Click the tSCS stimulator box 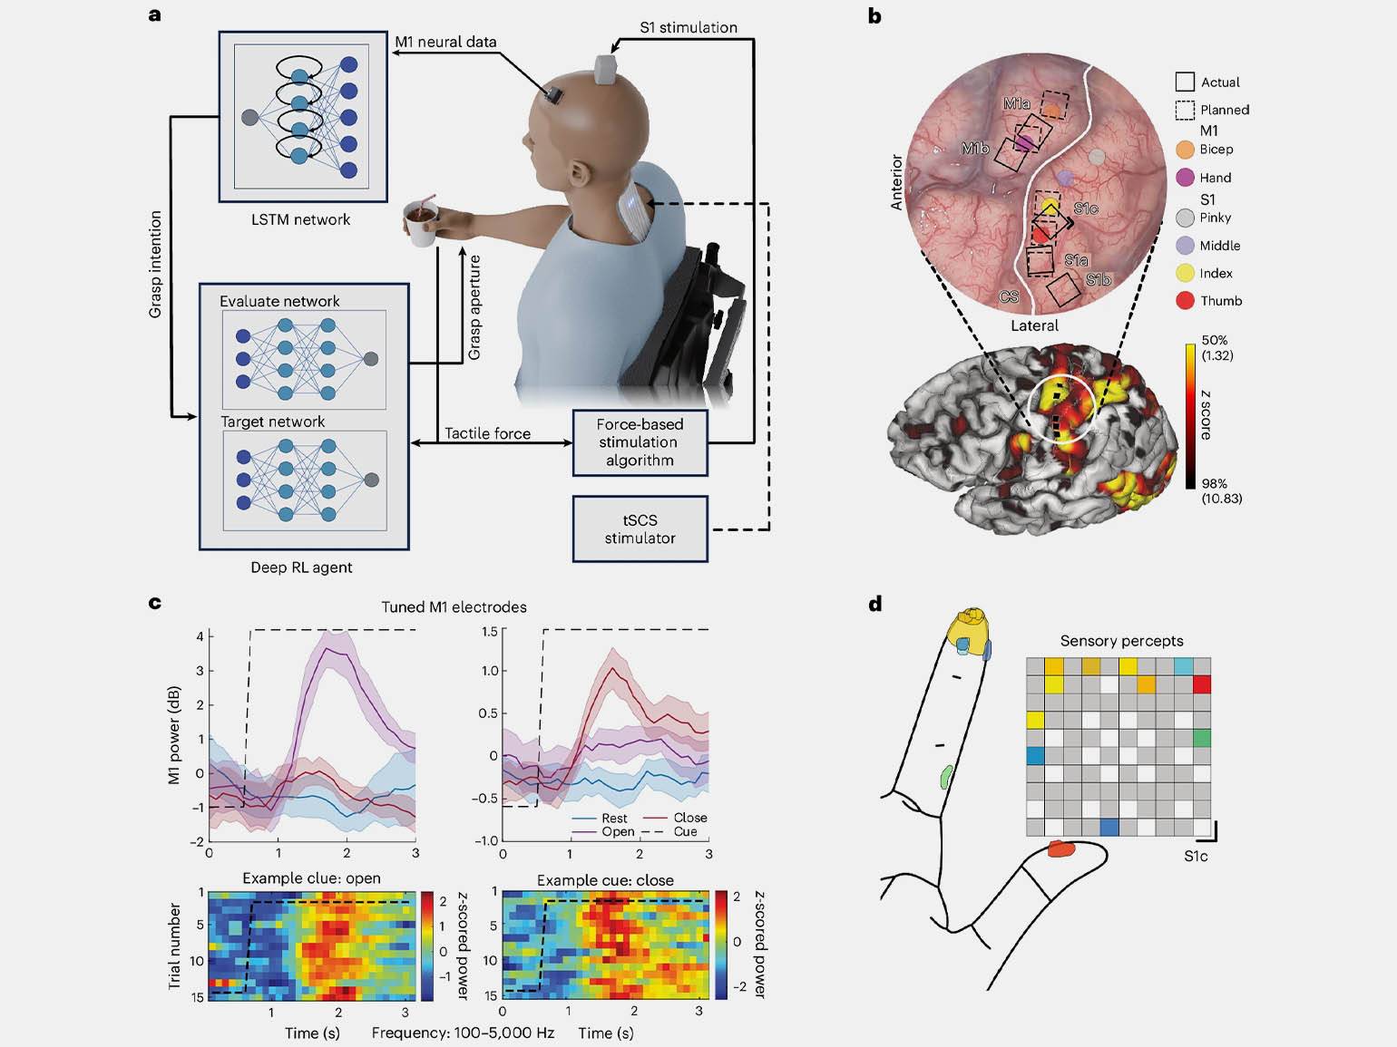coord(640,528)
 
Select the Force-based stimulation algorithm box coord(640,442)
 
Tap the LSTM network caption coord(300,219)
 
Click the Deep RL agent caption coord(301,567)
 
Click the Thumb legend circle coord(1185,301)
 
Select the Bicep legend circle coord(1185,150)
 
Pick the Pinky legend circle coord(1185,218)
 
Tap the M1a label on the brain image coord(1016,103)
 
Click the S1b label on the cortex coord(1099,279)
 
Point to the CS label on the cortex coord(1009,296)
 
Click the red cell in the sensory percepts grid coord(1202,684)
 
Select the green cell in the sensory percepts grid coord(1202,738)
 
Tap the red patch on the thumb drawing coord(1061,848)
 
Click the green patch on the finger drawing coord(946,777)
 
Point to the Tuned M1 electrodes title coord(454,607)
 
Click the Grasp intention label coord(154,265)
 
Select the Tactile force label coord(487,433)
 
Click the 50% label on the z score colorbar coord(1215,340)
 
